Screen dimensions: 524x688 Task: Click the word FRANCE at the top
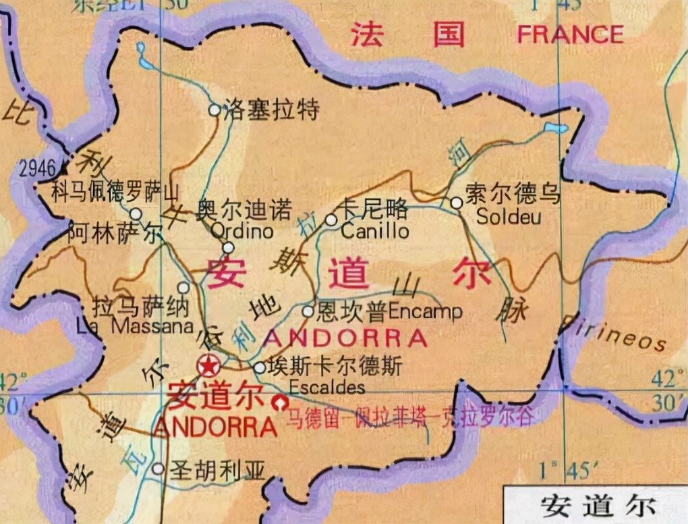(x=570, y=34)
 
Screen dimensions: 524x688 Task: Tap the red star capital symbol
(x=208, y=366)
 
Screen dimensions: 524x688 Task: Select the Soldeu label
(x=509, y=217)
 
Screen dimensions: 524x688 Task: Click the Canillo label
(x=375, y=231)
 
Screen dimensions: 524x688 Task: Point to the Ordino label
(x=242, y=231)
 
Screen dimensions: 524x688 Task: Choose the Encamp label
(x=426, y=311)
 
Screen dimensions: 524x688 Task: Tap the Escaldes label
(x=326, y=388)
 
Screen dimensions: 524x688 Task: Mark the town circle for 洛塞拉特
(x=214, y=109)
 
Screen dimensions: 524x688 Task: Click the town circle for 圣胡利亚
(x=158, y=468)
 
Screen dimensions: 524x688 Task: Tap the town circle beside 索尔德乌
(x=457, y=202)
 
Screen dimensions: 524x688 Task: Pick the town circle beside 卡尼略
(x=331, y=219)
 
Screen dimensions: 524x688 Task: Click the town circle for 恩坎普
(x=308, y=311)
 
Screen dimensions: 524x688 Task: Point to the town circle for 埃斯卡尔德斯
(x=260, y=368)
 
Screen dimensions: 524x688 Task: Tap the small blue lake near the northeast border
(x=556, y=128)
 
